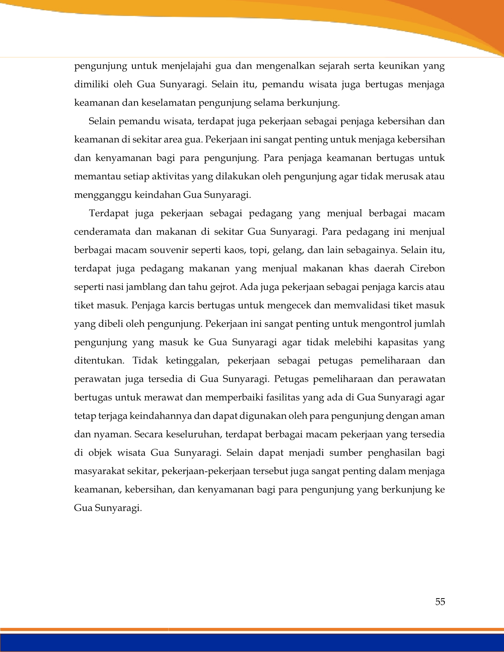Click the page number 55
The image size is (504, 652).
point(440,601)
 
